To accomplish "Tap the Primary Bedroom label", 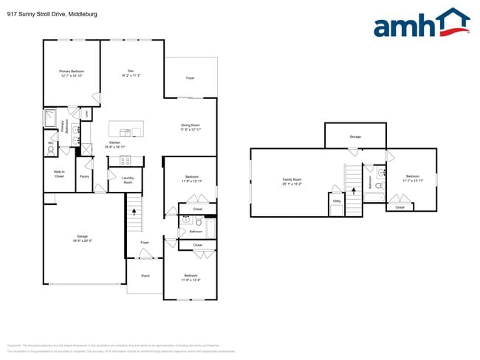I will coord(71,73).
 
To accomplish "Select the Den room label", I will coord(130,72).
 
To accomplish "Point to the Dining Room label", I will coord(191,127).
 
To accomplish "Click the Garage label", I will coord(83,238).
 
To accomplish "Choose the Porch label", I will coord(145,276).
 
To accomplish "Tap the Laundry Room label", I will coord(127,179).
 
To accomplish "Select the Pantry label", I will coord(84,177).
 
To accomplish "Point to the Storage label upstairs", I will coord(355,137).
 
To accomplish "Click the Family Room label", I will coord(292,181).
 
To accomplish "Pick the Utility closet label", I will coord(337,201).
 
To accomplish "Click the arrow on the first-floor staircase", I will coord(134,211).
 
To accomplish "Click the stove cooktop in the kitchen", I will coord(125,159).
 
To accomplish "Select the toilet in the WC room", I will coord(50,150).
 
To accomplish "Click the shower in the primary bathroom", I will coord(50,117).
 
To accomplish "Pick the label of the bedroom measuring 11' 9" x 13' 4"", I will coord(190,277).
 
